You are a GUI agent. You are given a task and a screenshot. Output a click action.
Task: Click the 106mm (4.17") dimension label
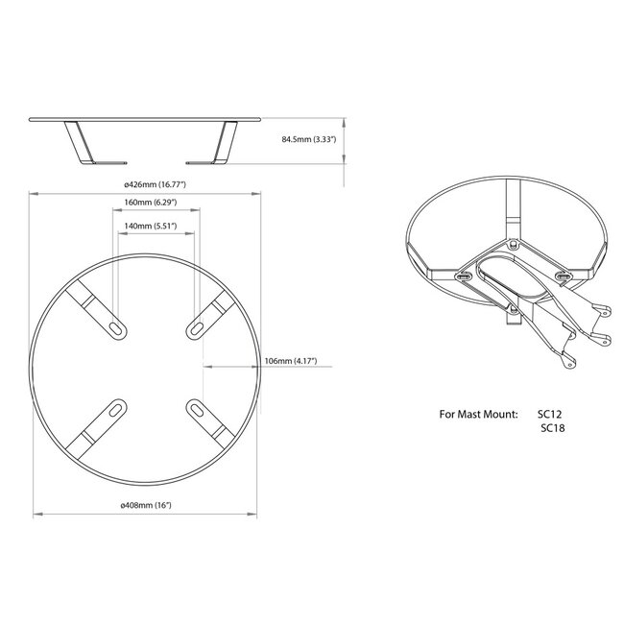pyautogui.click(x=290, y=362)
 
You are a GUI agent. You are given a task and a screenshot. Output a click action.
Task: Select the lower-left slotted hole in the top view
pyautogui.click(x=115, y=410)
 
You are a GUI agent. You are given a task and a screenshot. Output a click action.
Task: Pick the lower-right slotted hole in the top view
pyautogui.click(x=196, y=410)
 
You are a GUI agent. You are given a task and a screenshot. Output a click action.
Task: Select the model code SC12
pyautogui.click(x=553, y=415)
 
